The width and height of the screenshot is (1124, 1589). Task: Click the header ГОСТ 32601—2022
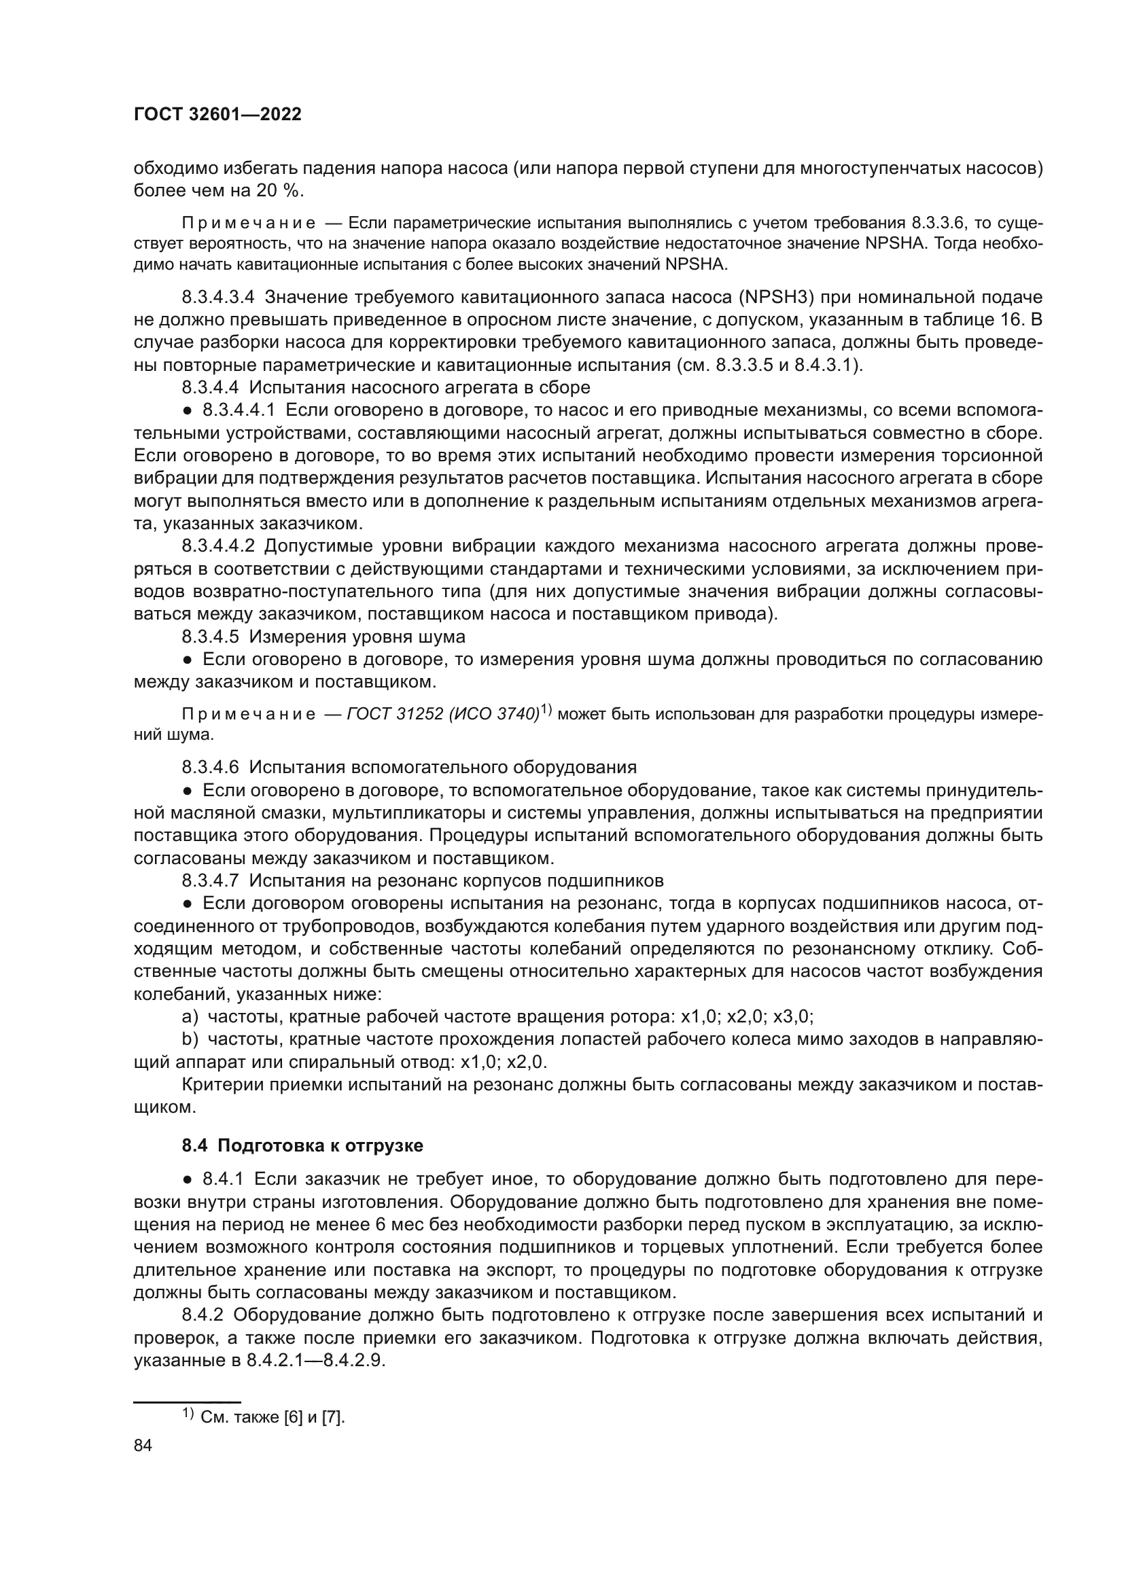[217, 115]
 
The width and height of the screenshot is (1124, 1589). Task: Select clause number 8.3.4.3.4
[218, 298]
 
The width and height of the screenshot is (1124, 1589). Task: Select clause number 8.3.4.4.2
[218, 546]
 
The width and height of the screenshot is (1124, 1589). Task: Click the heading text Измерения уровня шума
[357, 636]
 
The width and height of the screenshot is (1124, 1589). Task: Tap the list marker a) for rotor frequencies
[190, 1017]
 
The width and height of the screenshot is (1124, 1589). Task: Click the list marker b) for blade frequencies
[190, 1039]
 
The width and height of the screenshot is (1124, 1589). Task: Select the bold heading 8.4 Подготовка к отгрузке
[302, 1145]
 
